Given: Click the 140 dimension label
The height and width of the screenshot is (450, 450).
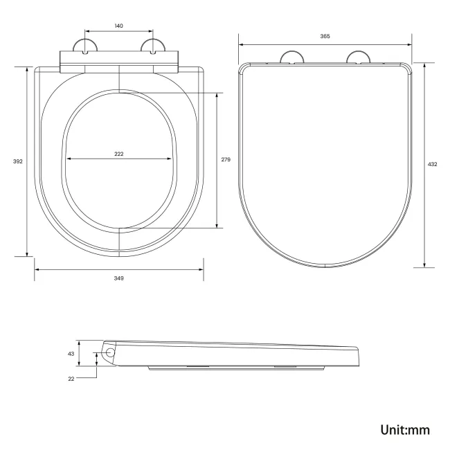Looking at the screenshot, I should (119, 26).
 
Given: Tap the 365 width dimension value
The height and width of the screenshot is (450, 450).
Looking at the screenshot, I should (325, 36).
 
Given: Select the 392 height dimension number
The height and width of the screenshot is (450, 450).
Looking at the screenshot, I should (18, 161).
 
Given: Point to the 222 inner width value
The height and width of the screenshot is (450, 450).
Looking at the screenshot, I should (119, 154).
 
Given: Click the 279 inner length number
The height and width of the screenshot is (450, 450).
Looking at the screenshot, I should (226, 159).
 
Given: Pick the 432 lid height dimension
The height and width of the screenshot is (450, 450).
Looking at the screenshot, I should (433, 164).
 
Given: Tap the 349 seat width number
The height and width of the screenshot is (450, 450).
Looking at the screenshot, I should (119, 278).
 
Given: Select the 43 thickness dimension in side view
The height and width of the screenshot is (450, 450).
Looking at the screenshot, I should (71, 353).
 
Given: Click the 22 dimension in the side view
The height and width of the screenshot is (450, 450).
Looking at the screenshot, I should (71, 378).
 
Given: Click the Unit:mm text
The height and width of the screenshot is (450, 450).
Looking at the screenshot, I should (405, 429).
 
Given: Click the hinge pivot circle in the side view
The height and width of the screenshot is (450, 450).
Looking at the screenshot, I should (109, 353).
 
